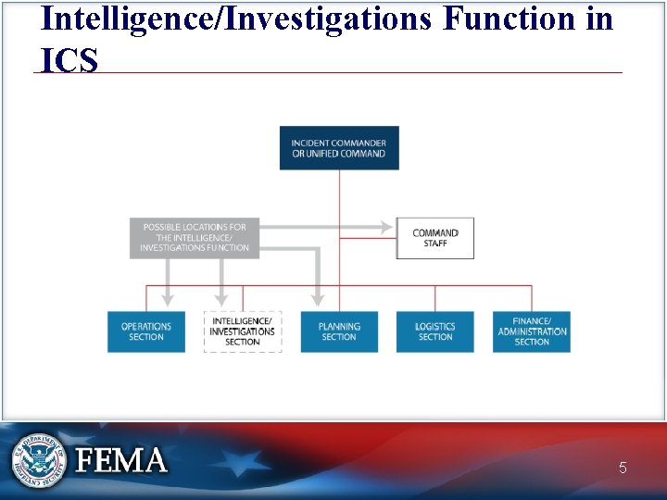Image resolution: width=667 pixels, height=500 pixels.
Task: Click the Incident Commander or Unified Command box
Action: point(339,147)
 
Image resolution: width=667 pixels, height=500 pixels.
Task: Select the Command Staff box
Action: point(434,238)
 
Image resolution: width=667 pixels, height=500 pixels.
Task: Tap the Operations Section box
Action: point(145,331)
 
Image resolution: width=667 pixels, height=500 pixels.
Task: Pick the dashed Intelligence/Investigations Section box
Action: point(242,331)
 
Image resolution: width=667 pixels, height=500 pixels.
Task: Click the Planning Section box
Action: point(339,331)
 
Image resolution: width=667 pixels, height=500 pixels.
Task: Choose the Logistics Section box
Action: point(434,331)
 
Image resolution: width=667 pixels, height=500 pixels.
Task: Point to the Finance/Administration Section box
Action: point(532,331)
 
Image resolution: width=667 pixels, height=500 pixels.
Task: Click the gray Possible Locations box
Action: point(195,238)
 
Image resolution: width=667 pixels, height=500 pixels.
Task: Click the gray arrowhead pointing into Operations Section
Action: point(167,298)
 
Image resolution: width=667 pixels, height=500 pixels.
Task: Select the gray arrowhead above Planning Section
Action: point(318,298)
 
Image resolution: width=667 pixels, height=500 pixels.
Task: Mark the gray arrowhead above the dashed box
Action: point(221,298)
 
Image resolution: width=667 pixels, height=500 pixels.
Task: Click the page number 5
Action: point(623,469)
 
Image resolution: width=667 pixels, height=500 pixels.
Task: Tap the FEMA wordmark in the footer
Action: point(121,460)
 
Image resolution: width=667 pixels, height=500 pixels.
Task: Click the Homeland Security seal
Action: point(38,459)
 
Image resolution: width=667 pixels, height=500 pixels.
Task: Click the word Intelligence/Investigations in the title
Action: point(236,18)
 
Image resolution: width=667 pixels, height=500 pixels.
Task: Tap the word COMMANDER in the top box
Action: point(355,143)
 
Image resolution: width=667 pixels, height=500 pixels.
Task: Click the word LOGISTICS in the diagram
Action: point(434,327)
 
